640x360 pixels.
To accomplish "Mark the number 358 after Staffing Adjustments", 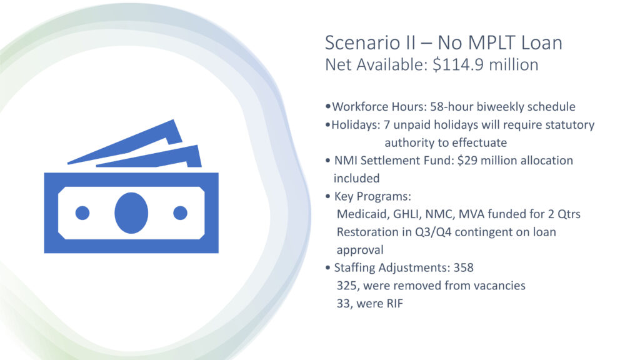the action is [464, 267].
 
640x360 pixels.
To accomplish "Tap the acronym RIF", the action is [394, 304].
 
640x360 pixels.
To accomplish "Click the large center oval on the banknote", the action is [131, 213].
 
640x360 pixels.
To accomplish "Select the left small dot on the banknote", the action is [82, 213].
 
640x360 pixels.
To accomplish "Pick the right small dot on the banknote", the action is [180, 213].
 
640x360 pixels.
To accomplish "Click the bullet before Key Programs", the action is [327, 197].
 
